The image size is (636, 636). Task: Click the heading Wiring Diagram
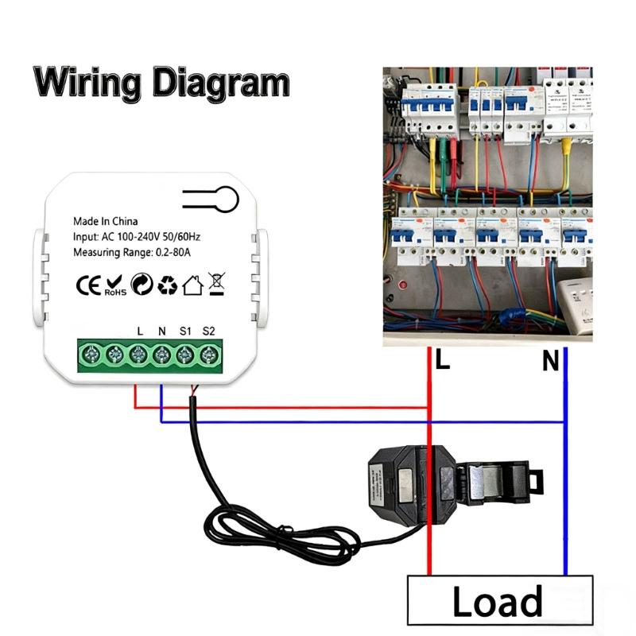161,82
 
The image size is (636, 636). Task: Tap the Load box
498,601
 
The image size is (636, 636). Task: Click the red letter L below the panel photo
443,361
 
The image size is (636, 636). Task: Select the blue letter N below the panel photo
551,363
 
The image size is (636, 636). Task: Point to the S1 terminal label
184,330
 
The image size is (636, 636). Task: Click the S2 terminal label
209,330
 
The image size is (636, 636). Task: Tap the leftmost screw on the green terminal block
91,354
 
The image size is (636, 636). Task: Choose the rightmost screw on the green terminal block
209,354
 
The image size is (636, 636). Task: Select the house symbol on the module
192,285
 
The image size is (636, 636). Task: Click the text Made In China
107,221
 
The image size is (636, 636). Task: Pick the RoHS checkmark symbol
114,285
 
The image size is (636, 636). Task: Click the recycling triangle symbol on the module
167,285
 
